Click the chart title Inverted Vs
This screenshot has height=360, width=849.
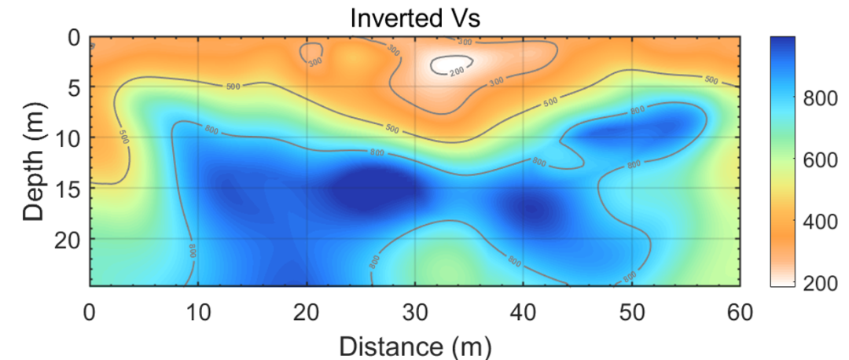(414, 17)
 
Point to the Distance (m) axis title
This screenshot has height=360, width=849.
(414, 344)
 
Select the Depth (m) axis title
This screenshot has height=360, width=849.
(34, 161)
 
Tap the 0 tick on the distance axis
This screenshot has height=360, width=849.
(90, 312)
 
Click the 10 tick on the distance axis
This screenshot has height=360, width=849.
(198, 312)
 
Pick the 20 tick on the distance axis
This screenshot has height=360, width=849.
(307, 312)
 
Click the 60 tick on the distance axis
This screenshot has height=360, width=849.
(739, 312)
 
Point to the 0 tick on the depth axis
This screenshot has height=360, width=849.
(75, 38)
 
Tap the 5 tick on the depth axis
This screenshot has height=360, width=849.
(75, 87)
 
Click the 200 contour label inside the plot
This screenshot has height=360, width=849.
(457, 72)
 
